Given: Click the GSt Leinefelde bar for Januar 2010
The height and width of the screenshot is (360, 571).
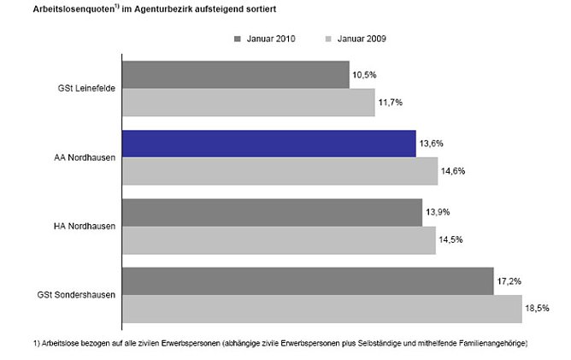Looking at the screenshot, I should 236,74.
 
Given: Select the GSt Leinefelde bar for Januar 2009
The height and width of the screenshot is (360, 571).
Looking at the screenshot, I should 249,103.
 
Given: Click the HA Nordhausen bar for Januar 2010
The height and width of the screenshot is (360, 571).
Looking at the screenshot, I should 272,213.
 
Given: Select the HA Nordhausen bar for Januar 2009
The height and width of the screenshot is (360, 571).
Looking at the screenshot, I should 279,240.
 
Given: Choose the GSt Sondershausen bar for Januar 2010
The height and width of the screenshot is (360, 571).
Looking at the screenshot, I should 308,281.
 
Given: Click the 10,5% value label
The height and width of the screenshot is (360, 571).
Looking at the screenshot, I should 363,74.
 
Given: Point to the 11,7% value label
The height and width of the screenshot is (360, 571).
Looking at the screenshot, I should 389,103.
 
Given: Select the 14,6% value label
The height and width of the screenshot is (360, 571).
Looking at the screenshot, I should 452,171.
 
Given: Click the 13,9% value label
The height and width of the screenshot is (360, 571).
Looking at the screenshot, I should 437,213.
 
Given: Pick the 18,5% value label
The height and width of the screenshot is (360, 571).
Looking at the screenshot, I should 537,309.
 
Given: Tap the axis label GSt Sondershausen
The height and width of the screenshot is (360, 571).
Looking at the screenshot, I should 77,295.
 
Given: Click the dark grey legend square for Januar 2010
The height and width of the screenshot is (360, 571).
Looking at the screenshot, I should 237,38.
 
